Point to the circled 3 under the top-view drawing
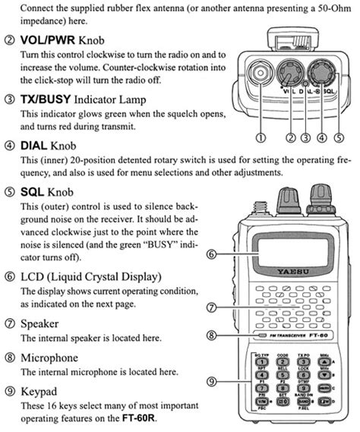(x=305, y=137)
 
